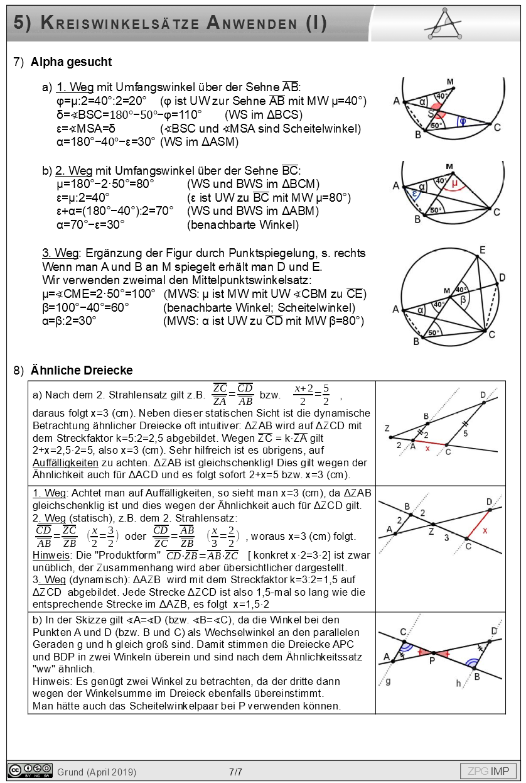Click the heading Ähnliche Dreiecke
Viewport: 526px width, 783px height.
(x=82, y=370)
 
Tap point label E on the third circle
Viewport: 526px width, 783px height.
(x=481, y=251)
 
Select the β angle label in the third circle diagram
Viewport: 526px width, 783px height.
(x=464, y=300)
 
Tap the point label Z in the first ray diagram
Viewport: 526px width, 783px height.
(x=387, y=429)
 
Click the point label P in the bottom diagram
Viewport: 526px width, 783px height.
(x=432, y=660)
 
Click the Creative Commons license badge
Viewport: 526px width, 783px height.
(x=30, y=770)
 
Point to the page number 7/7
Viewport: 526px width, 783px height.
(x=235, y=771)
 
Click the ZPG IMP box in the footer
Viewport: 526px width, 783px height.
(x=488, y=770)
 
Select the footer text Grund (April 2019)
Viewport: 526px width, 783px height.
(x=97, y=771)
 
